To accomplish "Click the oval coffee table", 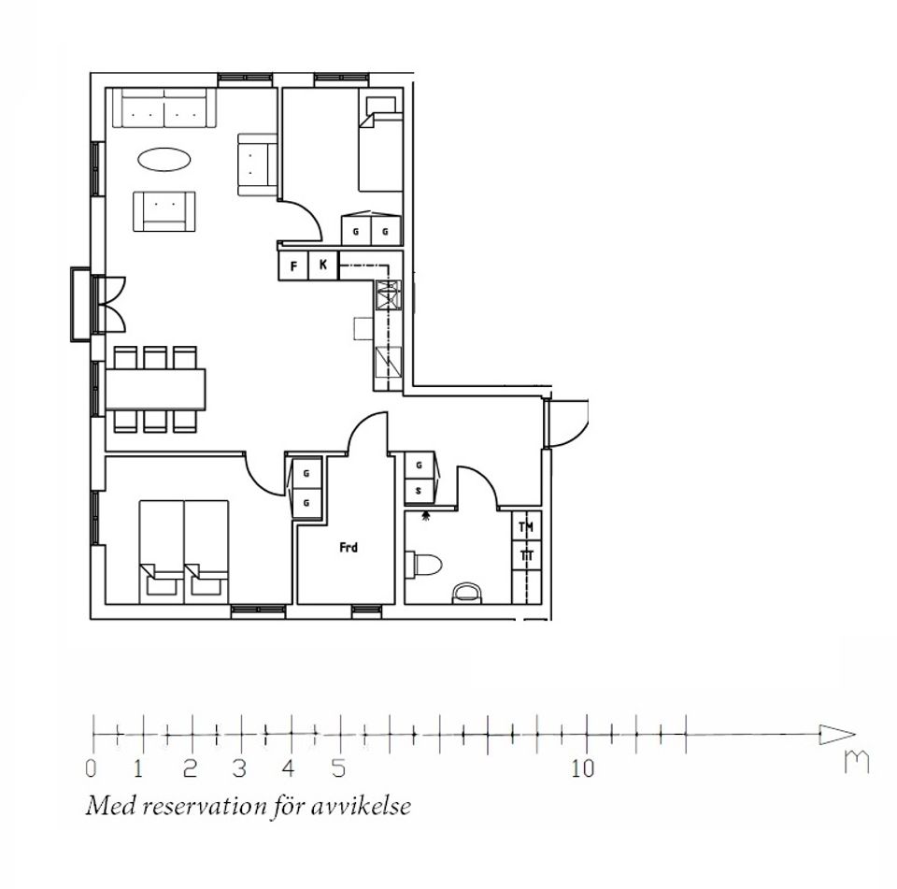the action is [x=164, y=159].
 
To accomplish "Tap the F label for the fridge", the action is [x=294, y=266].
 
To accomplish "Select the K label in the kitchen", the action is [x=323, y=265].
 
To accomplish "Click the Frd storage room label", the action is [x=349, y=548].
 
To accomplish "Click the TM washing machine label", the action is [x=526, y=526].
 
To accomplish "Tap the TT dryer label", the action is [x=527, y=555].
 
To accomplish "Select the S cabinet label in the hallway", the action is [x=420, y=491].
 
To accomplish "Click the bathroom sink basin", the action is [x=467, y=594].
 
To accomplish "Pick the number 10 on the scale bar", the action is [x=583, y=768].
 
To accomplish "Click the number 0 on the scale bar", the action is [x=91, y=768].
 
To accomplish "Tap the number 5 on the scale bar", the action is [x=338, y=768].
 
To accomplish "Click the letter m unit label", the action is [x=857, y=761].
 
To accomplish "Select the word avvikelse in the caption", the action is [x=363, y=807].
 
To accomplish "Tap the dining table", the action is [x=156, y=389].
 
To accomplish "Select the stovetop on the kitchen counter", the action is [x=389, y=294].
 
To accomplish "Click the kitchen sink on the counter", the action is [x=389, y=362].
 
